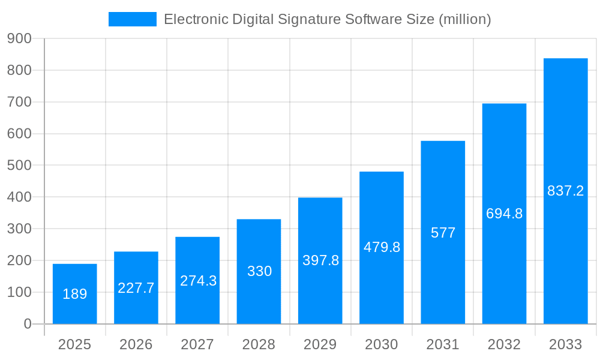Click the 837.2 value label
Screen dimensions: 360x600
point(565,191)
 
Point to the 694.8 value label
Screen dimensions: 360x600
point(504,214)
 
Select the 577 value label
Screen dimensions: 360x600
point(443,233)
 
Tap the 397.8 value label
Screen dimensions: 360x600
point(320,260)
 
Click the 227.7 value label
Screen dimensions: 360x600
point(136,288)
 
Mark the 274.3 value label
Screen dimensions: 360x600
point(198,280)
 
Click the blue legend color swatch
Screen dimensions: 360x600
point(132,19)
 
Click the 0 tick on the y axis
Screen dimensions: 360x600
point(27,324)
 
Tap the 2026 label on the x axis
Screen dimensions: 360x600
point(136,344)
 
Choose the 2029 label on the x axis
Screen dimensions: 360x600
point(320,344)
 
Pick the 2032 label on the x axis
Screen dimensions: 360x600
point(504,344)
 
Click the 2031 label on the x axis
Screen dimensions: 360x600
point(443,344)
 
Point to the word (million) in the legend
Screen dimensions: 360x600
point(464,19)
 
